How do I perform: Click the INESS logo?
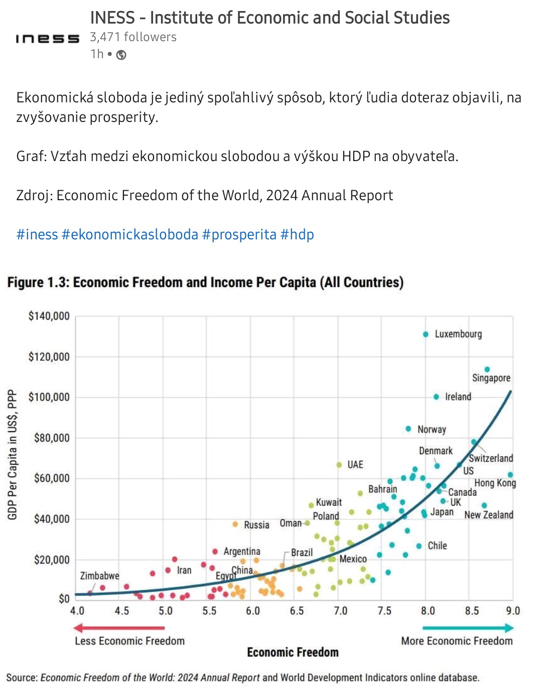click(47, 39)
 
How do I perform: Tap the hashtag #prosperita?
click(239, 234)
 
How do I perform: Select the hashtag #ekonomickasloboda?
click(129, 234)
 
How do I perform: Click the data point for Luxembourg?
click(426, 334)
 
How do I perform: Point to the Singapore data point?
click(487, 369)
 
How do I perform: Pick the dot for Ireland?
click(436, 397)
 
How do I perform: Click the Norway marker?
click(409, 429)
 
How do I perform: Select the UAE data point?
click(339, 465)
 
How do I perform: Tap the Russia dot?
click(235, 524)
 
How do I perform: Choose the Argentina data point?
click(215, 551)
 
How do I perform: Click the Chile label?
click(437, 545)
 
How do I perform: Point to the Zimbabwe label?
click(99, 576)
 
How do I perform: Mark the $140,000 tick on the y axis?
click(49, 316)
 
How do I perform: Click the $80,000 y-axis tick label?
click(51, 438)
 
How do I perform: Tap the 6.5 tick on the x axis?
click(297, 611)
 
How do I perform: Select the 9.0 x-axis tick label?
click(513, 611)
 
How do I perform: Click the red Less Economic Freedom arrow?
click(119, 628)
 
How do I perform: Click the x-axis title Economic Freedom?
click(293, 652)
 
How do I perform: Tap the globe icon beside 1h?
click(121, 55)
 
